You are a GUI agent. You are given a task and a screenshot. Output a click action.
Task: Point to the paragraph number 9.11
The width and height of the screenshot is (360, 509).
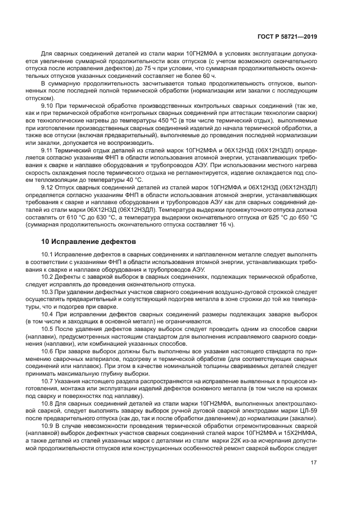click(47, 149)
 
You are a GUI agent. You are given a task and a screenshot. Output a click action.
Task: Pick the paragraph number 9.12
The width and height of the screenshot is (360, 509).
click(47, 187)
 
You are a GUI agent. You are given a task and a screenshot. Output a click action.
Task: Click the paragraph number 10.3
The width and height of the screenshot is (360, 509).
click(48, 292)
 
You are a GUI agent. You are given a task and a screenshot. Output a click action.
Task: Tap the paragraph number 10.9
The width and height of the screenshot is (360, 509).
click(48, 425)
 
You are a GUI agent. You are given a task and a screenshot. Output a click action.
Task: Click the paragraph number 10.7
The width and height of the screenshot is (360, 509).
click(48, 381)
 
